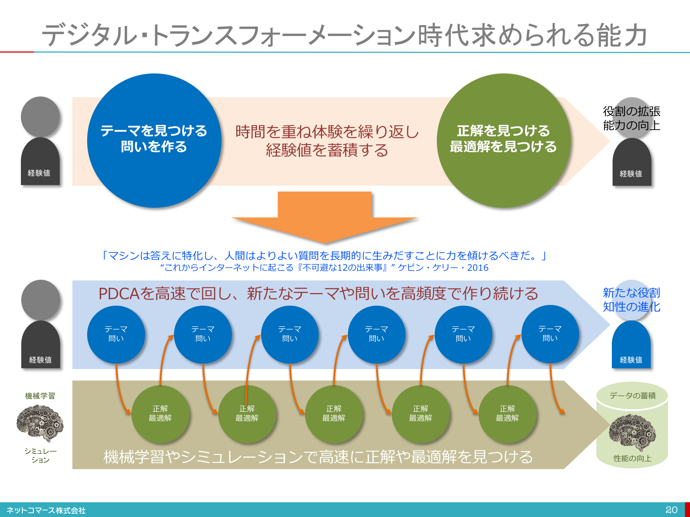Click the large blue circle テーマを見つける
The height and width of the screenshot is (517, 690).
coord(154,140)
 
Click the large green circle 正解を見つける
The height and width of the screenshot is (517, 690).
coord(503,140)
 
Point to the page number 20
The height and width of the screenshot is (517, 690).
coord(671,510)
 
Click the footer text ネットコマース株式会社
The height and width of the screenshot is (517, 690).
coord(46,510)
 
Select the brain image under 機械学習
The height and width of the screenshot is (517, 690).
coord(40,423)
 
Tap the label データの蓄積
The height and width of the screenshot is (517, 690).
coord(633,396)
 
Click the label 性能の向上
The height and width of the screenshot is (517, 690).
coord(632,458)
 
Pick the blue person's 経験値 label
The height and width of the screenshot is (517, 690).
coord(631,360)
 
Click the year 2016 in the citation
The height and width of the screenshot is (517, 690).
coord(478,268)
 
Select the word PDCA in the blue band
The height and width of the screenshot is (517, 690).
coord(119,294)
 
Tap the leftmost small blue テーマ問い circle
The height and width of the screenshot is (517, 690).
coord(116,334)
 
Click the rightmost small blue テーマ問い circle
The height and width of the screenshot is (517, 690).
coord(550,334)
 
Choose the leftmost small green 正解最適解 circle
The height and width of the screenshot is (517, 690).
coord(160,414)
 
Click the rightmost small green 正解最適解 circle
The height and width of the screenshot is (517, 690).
coord(507,414)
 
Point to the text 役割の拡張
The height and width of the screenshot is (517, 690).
coord(632,111)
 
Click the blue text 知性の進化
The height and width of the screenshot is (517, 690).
coord(632,307)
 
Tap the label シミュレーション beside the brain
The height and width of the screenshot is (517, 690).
coord(40,455)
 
